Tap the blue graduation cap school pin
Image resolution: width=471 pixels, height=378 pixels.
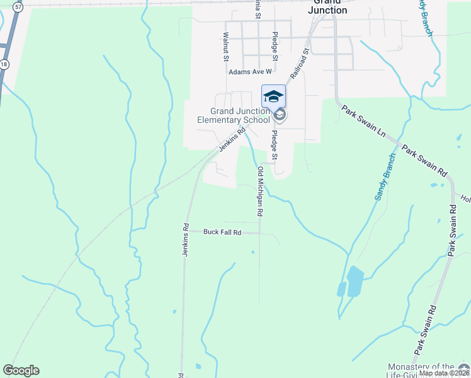[273, 96]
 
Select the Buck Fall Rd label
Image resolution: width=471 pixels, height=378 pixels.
[222, 232]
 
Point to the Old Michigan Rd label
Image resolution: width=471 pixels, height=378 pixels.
[259, 192]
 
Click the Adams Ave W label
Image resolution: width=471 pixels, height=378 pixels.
[250, 72]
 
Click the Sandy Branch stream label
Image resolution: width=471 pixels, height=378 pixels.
[385, 177]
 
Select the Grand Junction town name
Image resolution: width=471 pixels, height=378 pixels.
[327, 6]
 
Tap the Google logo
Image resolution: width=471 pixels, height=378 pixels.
[21, 370]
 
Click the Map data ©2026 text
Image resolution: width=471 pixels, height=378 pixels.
[444, 373]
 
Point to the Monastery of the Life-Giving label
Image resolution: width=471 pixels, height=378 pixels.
[421, 370]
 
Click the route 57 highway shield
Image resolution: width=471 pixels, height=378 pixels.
[19, 6]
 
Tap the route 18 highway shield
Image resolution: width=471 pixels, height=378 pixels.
[4, 64]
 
